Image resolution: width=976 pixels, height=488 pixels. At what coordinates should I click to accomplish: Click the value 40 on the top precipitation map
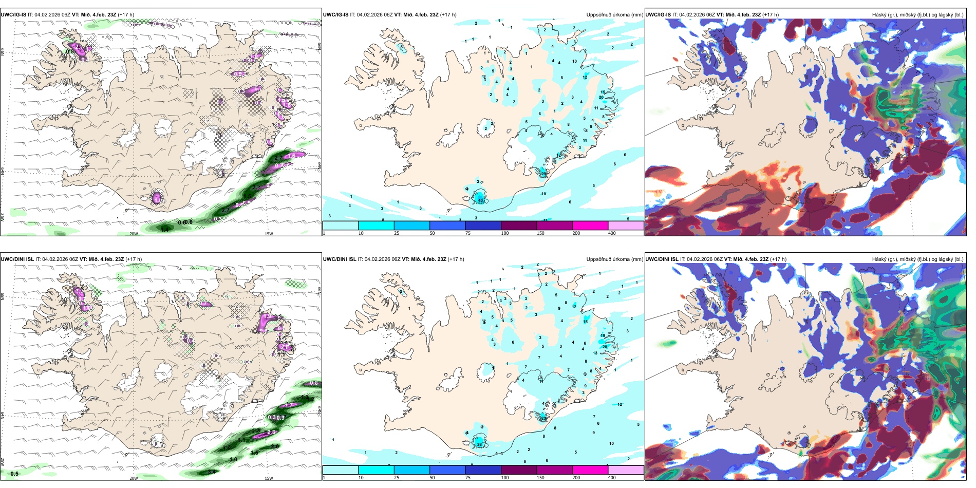coord(480,200)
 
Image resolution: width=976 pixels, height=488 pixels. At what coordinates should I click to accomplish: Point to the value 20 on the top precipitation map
coord(601,97)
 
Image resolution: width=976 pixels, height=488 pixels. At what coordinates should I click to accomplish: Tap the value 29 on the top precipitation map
coord(543,174)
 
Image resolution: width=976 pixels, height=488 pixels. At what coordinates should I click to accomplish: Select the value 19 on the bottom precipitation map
coord(603,336)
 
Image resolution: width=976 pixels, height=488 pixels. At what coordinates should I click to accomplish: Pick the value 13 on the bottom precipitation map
coord(595,353)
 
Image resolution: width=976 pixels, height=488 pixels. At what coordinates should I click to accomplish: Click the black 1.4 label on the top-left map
coord(164,230)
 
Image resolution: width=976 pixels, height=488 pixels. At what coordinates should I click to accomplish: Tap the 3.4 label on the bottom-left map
coord(212,472)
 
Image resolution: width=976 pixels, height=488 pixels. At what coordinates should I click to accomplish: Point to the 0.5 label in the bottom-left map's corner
coord(14,474)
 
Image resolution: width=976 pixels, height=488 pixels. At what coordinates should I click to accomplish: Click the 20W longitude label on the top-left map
coord(134,234)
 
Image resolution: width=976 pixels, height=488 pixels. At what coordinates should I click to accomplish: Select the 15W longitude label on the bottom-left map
coord(269,478)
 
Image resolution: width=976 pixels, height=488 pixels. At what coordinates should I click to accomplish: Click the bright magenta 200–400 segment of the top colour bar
coord(590,226)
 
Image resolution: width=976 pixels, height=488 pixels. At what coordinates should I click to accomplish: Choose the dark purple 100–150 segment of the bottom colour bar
coord(518,470)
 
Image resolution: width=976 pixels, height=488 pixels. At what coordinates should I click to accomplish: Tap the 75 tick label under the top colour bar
coord(468,233)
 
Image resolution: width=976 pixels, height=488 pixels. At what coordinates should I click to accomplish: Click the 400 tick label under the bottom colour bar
coord(612,478)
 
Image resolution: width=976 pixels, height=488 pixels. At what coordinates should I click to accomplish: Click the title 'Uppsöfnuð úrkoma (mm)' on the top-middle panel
coord(614,15)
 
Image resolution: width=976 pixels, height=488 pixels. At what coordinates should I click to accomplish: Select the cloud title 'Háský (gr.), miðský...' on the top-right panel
coord(917,15)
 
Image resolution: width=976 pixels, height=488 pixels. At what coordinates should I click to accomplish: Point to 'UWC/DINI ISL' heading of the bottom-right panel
coord(662,259)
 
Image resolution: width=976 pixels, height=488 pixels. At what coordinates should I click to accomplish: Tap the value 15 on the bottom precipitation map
coord(585,322)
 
